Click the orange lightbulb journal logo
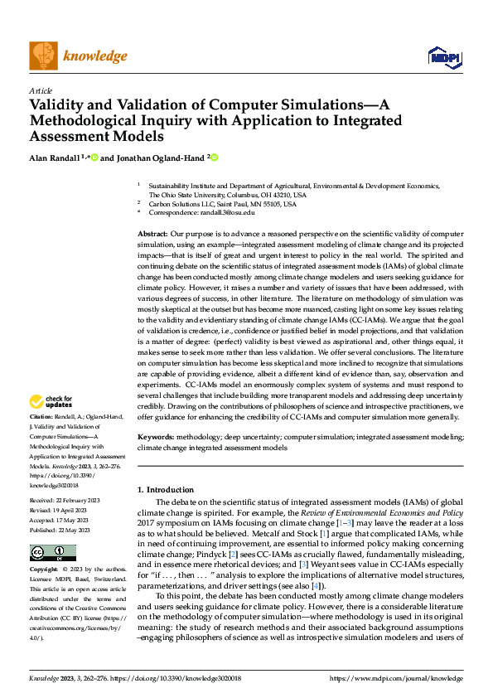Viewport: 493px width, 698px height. coord(42,56)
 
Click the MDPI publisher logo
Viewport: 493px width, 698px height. coord(443,56)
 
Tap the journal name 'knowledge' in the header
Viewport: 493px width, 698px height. coord(95,56)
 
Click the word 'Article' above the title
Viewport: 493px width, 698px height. coord(41,90)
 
